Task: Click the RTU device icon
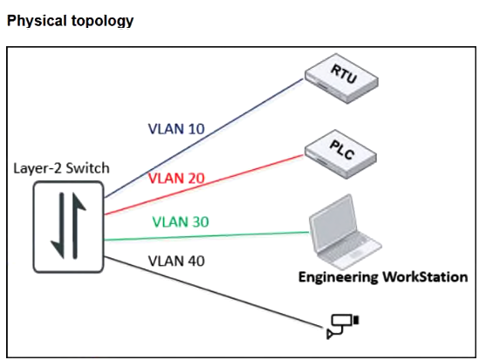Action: click(341, 78)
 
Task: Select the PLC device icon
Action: click(341, 154)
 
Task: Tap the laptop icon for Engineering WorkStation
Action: click(346, 232)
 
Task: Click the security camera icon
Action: click(343, 326)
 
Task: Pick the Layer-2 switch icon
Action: click(68, 227)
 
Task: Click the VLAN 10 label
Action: click(176, 129)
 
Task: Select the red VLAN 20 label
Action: click(176, 178)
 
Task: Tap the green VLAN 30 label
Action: click(181, 221)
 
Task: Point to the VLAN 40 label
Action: click(176, 262)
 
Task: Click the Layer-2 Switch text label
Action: click(61, 168)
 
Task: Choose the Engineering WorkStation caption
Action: click(383, 277)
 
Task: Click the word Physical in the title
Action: click(37, 21)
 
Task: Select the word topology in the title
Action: click(102, 21)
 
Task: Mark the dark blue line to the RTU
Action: click(204, 139)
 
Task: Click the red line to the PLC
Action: click(204, 185)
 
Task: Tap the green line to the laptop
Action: click(207, 236)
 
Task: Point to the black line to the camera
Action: click(214, 292)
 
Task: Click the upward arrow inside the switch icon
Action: click(78, 226)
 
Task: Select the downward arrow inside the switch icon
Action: click(58, 226)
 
